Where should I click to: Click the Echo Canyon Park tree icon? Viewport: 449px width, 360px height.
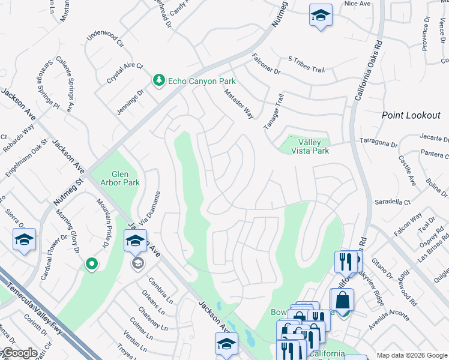pyautogui.click(x=158, y=80)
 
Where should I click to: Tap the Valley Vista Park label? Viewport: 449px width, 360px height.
pyautogui.click(x=313, y=146)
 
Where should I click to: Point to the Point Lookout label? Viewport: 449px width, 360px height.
pyautogui.click(x=411, y=115)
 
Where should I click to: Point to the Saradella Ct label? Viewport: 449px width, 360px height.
pyautogui.click(x=391, y=202)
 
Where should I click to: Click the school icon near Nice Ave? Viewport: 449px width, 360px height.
pyautogui.click(x=321, y=15)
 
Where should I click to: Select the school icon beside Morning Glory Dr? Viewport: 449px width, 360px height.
pyautogui.click(x=25, y=240)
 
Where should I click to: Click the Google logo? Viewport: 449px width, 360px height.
pyautogui.click(x=19, y=353)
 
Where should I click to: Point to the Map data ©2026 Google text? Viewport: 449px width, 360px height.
pyautogui.click(x=412, y=355)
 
